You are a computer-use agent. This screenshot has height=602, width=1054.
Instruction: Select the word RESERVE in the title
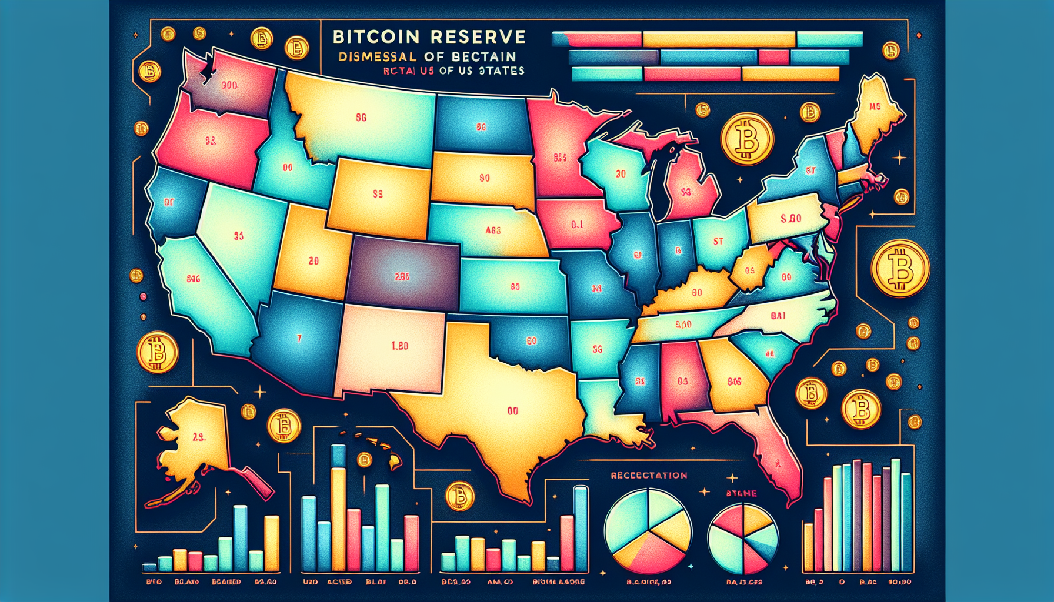(478, 37)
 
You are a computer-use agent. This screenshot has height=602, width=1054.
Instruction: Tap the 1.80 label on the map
(399, 346)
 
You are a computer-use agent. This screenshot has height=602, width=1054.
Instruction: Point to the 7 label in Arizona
(299, 339)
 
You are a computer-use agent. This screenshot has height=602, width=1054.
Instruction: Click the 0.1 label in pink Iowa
(577, 225)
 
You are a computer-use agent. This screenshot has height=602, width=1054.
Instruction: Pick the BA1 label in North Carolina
(778, 316)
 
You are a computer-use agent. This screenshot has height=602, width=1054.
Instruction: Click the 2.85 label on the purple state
(402, 276)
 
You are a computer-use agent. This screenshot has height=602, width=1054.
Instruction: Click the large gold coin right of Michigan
(748, 139)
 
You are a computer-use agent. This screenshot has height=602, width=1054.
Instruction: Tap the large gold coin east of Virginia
(899, 268)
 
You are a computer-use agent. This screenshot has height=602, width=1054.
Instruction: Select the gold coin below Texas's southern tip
(460, 496)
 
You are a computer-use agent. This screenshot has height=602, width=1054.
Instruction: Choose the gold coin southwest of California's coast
(158, 353)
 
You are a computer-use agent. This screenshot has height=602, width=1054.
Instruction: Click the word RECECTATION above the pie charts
(649, 475)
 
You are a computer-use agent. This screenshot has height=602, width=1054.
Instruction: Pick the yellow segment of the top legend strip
(719, 39)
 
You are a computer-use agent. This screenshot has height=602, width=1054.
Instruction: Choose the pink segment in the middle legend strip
(773, 57)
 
